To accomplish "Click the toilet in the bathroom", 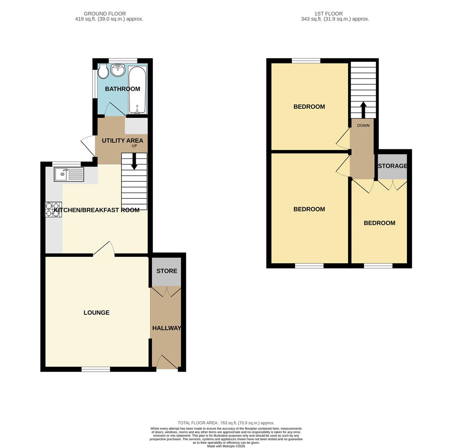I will pyautogui.click(x=103, y=71).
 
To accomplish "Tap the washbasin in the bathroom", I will pyautogui.click(x=118, y=70).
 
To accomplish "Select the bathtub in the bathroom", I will pyautogui.click(x=137, y=89).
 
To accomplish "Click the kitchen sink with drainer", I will pyautogui.click(x=69, y=174).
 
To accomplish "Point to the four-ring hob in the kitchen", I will pyautogui.click(x=54, y=209).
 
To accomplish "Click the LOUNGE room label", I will pyautogui.click(x=96, y=313).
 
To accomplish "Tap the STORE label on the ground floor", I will pyautogui.click(x=166, y=271).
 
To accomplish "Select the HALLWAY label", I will pyautogui.click(x=166, y=328).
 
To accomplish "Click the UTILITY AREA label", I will pyautogui.click(x=122, y=141).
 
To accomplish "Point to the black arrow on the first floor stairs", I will pyautogui.click(x=363, y=110).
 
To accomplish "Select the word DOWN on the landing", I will pyautogui.click(x=363, y=125).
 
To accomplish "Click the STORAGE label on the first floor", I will pyautogui.click(x=392, y=166).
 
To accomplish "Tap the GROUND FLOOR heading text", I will pyautogui.click(x=105, y=14).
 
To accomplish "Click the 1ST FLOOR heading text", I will pyautogui.click(x=328, y=14).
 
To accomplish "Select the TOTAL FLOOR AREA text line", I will pyautogui.click(x=226, y=423).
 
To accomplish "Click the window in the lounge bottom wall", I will pyautogui.click(x=95, y=369).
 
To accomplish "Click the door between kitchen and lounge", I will pyautogui.click(x=104, y=249).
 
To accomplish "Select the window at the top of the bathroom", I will pyautogui.click(x=123, y=61).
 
